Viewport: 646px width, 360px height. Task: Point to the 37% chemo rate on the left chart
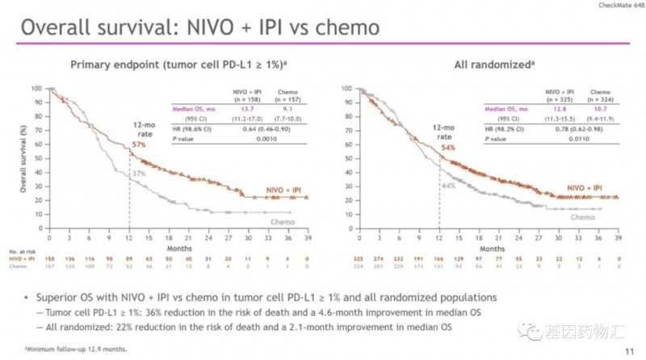[x=139, y=174]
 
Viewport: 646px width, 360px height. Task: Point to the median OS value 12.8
[x=535, y=107]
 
